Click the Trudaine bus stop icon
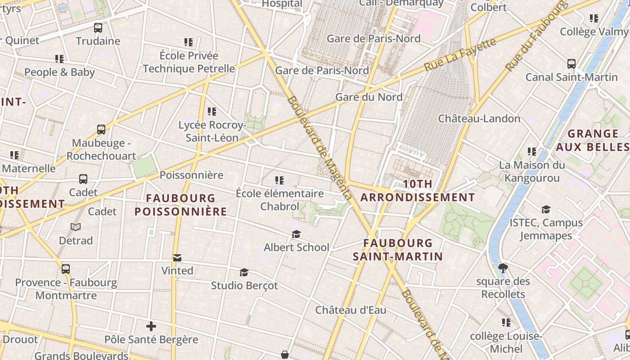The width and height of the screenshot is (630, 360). [98, 28]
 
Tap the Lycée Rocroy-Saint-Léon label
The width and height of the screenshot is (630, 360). [212, 131]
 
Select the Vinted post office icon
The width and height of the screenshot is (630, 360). [177, 258]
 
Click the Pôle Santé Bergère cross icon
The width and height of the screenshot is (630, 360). [151, 326]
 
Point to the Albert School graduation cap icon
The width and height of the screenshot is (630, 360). [296, 234]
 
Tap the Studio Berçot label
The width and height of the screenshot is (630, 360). [244, 285]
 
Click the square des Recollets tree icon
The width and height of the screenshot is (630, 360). [503, 269]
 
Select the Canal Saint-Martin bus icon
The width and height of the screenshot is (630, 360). [571, 64]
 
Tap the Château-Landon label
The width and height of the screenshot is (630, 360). [479, 119]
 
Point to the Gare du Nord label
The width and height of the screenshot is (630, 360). [369, 97]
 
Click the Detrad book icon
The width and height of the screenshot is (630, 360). [76, 227]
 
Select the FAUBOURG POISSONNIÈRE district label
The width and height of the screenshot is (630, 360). [180, 205]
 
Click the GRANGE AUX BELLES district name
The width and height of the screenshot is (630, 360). [592, 140]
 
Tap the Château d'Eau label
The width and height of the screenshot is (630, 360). [351, 310]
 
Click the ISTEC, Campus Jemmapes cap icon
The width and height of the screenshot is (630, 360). [546, 210]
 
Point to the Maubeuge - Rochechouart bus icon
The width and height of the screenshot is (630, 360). [101, 130]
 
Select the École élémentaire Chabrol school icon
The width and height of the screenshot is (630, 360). [279, 180]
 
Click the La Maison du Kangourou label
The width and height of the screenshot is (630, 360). [532, 171]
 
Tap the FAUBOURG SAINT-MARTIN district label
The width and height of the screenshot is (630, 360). [398, 250]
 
